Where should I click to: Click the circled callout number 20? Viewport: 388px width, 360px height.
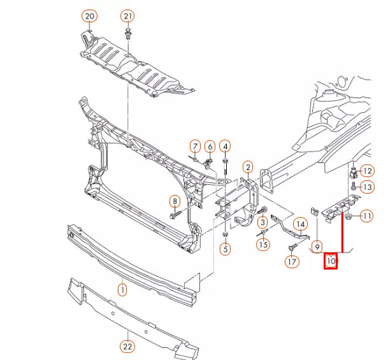[89, 15]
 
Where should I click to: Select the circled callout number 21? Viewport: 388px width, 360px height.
[128, 15]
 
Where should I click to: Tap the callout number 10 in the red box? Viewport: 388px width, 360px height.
[331, 260]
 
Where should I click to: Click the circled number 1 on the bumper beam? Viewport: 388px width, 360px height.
[122, 290]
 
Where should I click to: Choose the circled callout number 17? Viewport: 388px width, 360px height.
[292, 261]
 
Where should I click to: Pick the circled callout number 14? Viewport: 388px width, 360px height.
[300, 224]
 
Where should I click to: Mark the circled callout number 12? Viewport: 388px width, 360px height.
[368, 170]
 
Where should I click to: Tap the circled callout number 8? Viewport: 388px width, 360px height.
[174, 201]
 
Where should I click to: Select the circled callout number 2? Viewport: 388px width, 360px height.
[247, 167]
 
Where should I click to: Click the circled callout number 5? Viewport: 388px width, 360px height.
[225, 249]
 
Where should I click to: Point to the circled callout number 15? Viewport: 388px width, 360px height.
[264, 243]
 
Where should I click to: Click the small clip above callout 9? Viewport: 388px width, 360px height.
[314, 210]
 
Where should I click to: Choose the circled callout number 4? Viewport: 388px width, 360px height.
[225, 147]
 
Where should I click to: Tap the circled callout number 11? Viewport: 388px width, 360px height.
[367, 217]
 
